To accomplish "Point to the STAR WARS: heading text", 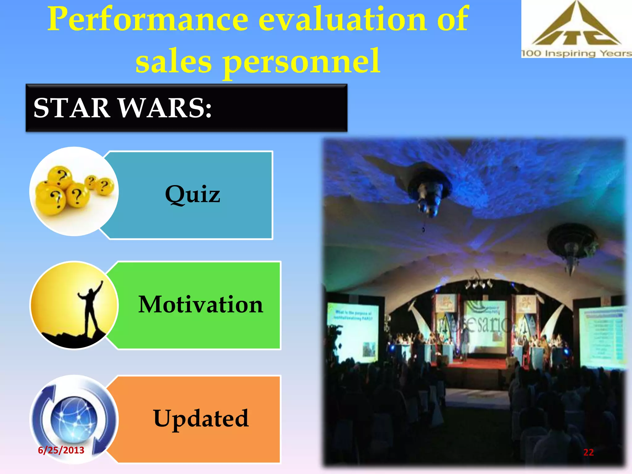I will (x=123, y=108).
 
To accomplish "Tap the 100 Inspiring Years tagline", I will (x=576, y=53).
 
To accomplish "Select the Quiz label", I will (x=193, y=194).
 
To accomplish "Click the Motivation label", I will (x=201, y=305).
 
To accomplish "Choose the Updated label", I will (x=201, y=418).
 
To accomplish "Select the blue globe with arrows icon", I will (x=74, y=418).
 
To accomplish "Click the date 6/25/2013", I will (x=61, y=450).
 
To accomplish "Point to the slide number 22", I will (x=588, y=452).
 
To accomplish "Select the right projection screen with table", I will (x=603, y=336).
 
